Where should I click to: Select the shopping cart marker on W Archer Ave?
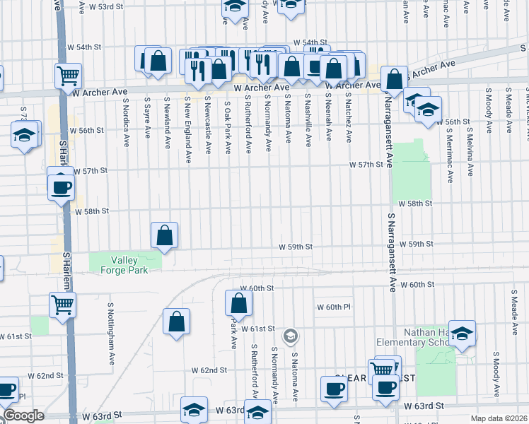point(68,75)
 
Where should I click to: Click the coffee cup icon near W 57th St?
point(60,187)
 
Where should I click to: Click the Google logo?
point(23,416)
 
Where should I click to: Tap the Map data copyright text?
point(499,418)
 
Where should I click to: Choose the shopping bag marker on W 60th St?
point(239,303)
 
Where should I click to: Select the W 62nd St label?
point(209,370)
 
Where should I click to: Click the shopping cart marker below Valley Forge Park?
point(62,305)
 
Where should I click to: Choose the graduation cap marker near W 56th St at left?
point(25,135)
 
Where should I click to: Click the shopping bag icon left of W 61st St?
point(176,322)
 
